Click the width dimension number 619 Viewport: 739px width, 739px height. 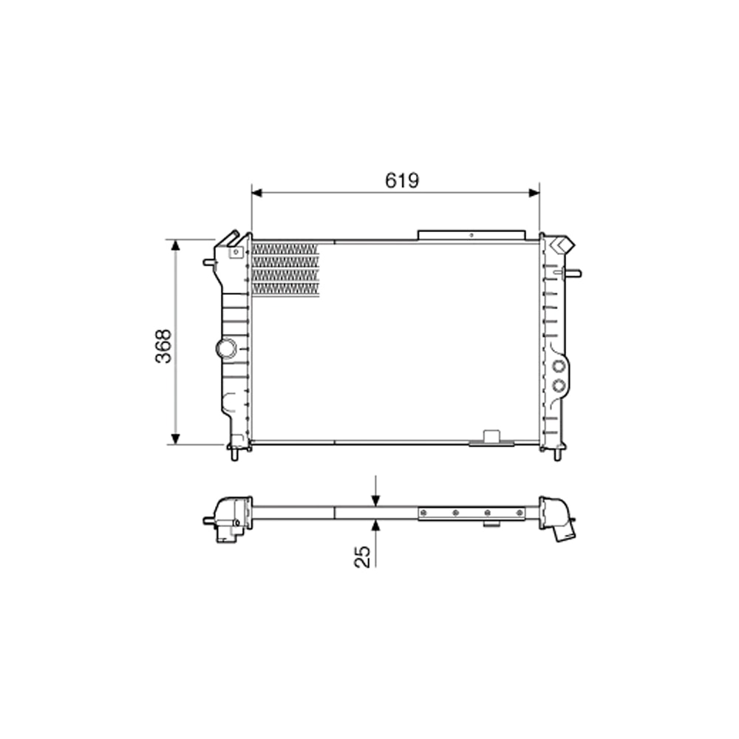402,180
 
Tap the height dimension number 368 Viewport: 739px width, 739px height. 164,345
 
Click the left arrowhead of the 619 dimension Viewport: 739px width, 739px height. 256,193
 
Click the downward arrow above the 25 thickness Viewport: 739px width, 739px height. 376,500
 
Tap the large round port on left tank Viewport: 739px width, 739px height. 225,347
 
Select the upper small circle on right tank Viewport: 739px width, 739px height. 559,366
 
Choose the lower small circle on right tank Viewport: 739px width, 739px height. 559,384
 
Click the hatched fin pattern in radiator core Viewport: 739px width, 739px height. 285,270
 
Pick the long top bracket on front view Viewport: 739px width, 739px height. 471,235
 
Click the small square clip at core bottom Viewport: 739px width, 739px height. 490,436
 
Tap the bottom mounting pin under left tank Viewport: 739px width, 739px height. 236,453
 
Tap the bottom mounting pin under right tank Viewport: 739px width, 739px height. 557,454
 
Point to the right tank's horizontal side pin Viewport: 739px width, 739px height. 573,273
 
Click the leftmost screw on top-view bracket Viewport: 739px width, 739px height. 425,512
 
